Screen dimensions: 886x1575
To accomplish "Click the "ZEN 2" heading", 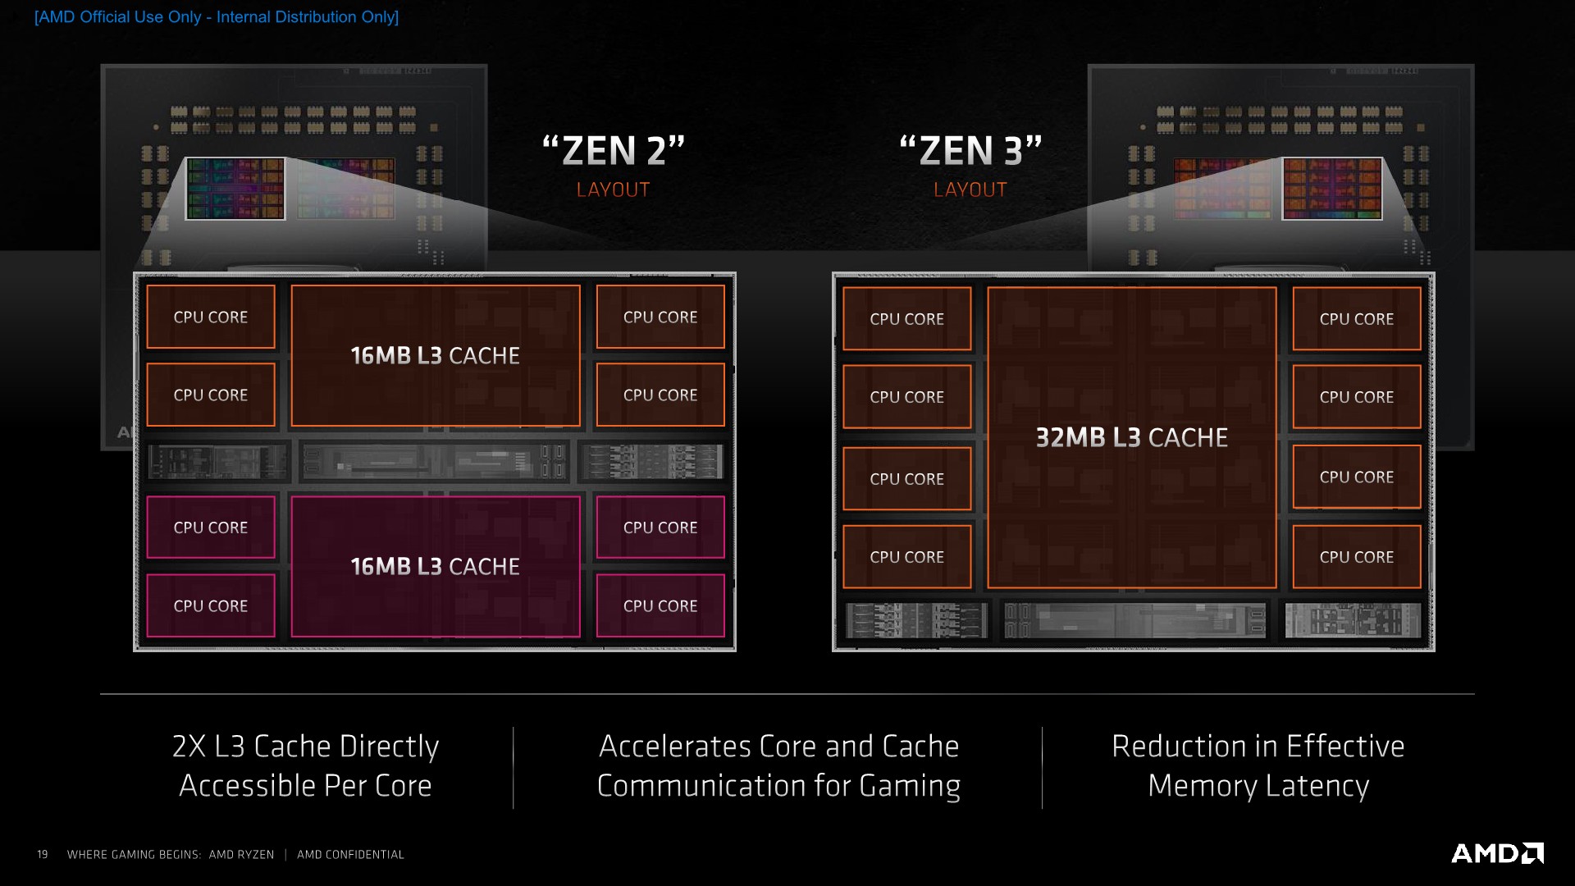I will click(x=614, y=151).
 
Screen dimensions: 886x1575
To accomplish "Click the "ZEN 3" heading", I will click(x=970, y=151).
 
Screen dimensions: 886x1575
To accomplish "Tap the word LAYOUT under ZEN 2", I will click(x=613, y=190).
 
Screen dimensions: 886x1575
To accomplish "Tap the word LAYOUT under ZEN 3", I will click(x=970, y=190).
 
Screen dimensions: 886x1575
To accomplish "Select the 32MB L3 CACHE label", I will click(x=1131, y=438).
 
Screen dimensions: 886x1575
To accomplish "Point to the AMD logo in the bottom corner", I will click(x=1497, y=853).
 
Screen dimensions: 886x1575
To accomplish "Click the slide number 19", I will click(x=43, y=855).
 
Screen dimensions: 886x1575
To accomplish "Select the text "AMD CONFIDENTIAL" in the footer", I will click(x=350, y=855).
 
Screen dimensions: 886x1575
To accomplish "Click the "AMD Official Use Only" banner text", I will click(x=217, y=17).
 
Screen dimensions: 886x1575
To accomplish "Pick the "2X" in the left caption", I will click(x=189, y=747).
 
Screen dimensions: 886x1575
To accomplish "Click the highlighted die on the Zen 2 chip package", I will click(x=235, y=189).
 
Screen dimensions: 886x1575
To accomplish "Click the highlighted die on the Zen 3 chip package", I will click(x=1332, y=189).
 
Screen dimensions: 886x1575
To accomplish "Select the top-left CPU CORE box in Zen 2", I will click(x=211, y=317).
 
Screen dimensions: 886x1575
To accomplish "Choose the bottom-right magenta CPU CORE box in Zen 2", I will click(x=660, y=606).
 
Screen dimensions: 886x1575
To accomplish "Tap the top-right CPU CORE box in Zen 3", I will click(x=1357, y=319).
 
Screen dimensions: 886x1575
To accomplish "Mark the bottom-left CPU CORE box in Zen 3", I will click(x=906, y=557).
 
